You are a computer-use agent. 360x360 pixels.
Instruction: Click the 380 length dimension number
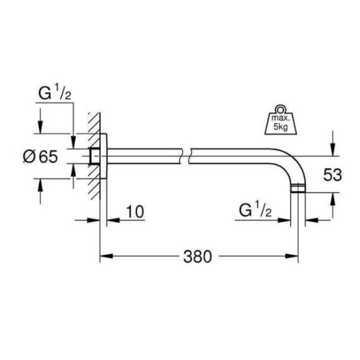point(198,257)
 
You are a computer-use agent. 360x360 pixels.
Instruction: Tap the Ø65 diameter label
point(41,157)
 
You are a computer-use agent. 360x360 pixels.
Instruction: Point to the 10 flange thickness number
point(136,211)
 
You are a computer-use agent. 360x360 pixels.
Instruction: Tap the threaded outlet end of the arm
point(298,191)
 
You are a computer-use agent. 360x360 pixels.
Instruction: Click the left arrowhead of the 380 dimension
point(104,257)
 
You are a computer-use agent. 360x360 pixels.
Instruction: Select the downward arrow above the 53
point(332,144)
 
